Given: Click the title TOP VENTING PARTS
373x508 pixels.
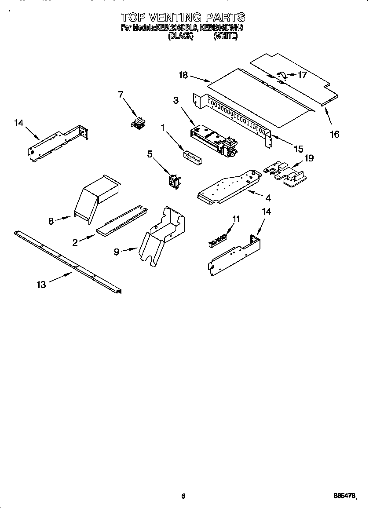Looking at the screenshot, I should (x=183, y=17).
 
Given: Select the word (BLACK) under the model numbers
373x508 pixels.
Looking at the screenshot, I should (x=181, y=37).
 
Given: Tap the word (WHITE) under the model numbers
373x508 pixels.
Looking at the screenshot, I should (x=225, y=37).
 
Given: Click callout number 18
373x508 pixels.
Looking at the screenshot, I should (x=183, y=75).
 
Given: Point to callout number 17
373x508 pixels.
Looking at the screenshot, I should (x=302, y=75).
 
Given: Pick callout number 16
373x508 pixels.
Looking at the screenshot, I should (x=335, y=134).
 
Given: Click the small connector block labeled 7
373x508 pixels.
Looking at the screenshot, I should (x=139, y=123).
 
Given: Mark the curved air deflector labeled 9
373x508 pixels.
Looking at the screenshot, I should (x=162, y=235).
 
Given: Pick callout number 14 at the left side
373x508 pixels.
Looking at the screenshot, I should (x=18, y=123).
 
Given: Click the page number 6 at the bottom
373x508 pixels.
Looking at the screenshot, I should (x=183, y=496).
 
